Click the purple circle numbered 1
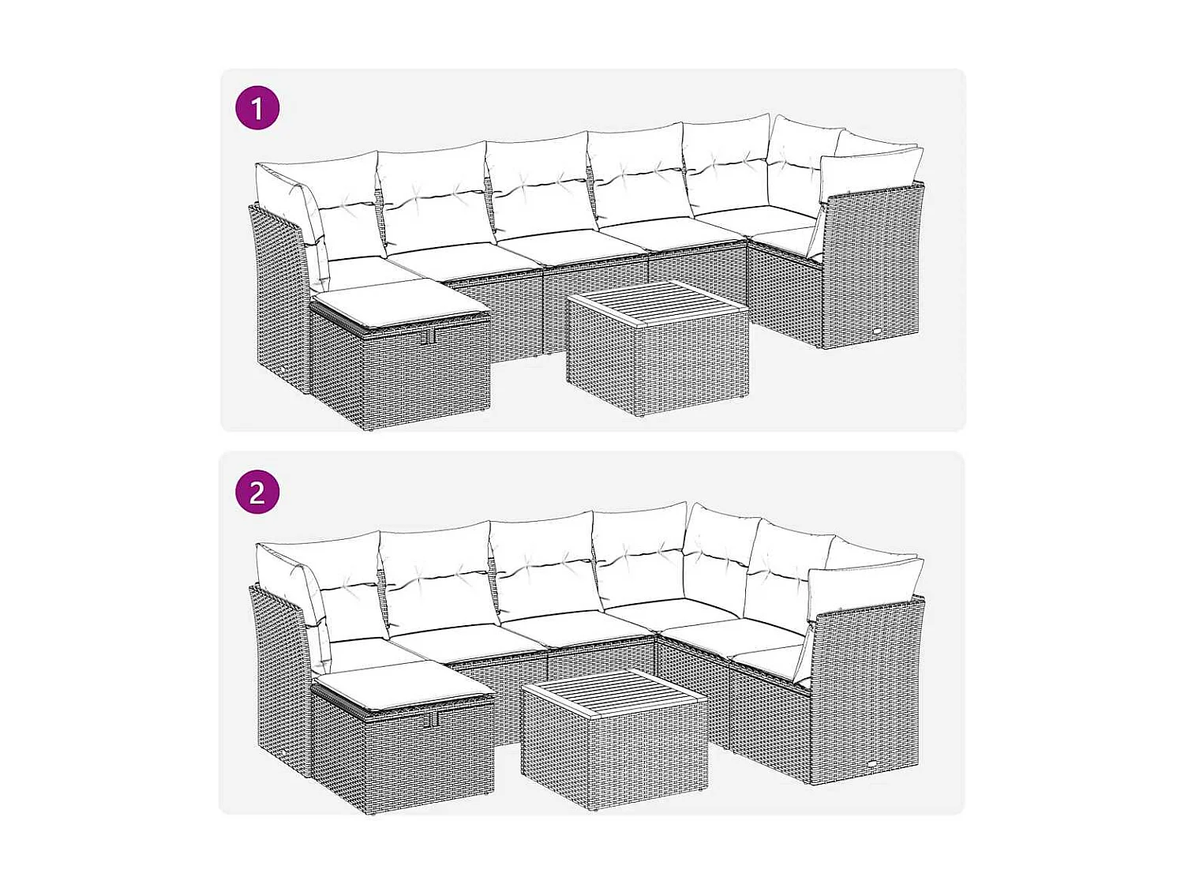pos(257,108)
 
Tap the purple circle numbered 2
pos(257,493)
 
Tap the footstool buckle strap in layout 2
pos(431,719)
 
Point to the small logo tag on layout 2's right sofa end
pos(875,763)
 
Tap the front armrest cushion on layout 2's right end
pos(864,586)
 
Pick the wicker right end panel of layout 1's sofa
pos(872,268)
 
